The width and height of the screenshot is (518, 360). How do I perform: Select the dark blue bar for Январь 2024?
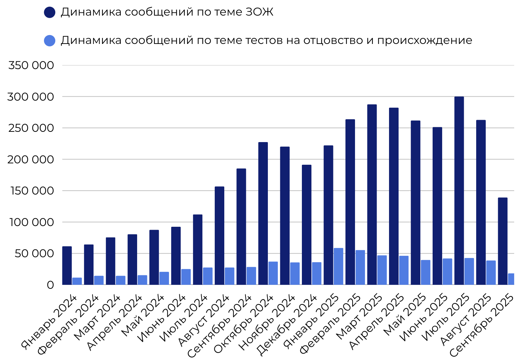click(67, 265)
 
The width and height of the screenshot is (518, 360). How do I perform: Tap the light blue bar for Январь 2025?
click(338, 266)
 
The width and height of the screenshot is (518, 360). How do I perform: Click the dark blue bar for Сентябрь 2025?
click(502, 241)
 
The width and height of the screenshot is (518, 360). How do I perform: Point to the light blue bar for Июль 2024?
click(208, 276)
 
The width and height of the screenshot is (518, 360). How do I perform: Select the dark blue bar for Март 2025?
click(372, 195)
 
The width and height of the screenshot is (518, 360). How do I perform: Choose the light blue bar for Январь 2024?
click(77, 281)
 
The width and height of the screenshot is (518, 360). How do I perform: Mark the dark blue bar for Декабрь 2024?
click(306, 225)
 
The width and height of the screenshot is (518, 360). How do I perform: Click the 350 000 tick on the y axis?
click(31, 66)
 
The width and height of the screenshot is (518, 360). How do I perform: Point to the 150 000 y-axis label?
click(31, 191)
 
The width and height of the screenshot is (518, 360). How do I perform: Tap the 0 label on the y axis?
click(50, 285)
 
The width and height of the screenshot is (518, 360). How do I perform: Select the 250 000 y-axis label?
click(31, 128)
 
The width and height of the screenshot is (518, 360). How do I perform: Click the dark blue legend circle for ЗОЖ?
click(50, 12)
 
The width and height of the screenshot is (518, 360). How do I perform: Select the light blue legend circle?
click(50, 40)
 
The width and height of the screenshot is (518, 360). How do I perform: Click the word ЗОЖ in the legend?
click(259, 12)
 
